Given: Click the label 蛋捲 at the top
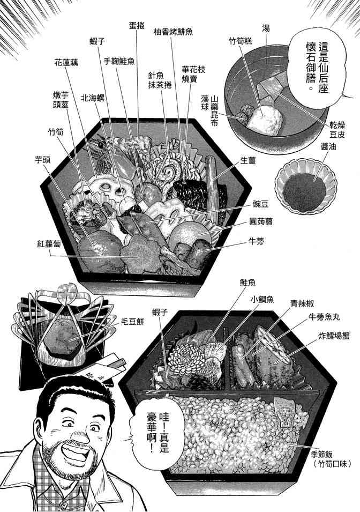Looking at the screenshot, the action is pos(137,26).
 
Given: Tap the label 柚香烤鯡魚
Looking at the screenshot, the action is pos(173,32).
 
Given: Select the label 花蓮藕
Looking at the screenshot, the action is pos(66,63).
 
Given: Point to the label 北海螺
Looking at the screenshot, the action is pos(93,98).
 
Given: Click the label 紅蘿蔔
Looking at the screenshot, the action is pos(49,243).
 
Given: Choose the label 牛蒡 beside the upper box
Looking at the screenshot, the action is pos(256,242).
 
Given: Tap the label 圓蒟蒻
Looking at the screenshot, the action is pos(261,222).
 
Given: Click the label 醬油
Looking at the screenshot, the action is pos(328,146).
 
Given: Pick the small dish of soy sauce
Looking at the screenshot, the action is pos(305,187).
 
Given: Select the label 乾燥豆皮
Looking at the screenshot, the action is pos(337,130).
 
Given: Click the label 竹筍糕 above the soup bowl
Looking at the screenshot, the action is pos(240,41).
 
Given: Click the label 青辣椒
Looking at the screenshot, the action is pos(302,303).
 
